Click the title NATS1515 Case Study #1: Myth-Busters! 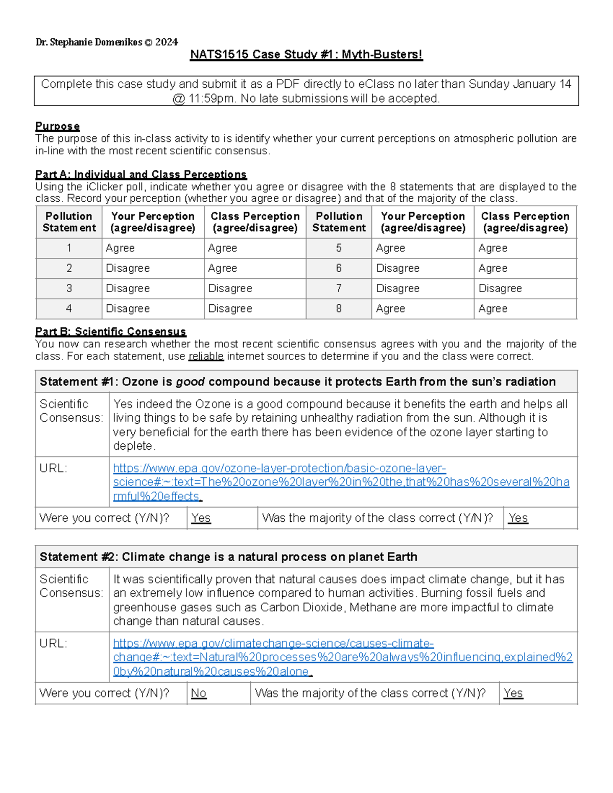(306, 55)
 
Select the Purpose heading (57, 126)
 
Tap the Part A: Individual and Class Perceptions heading (140, 175)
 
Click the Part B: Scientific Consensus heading (110, 332)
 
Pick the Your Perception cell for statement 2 (128, 268)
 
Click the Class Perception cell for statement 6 (493, 268)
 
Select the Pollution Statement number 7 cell (339, 289)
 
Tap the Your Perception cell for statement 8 (391, 308)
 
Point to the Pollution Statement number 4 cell (69, 308)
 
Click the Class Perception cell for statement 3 (230, 289)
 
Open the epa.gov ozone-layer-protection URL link (341, 482)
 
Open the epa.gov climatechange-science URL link (342, 657)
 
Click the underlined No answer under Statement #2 (199, 693)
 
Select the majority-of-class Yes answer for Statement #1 (518, 518)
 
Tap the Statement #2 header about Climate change (228, 557)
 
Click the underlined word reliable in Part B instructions (206, 356)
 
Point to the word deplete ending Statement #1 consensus (133, 446)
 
